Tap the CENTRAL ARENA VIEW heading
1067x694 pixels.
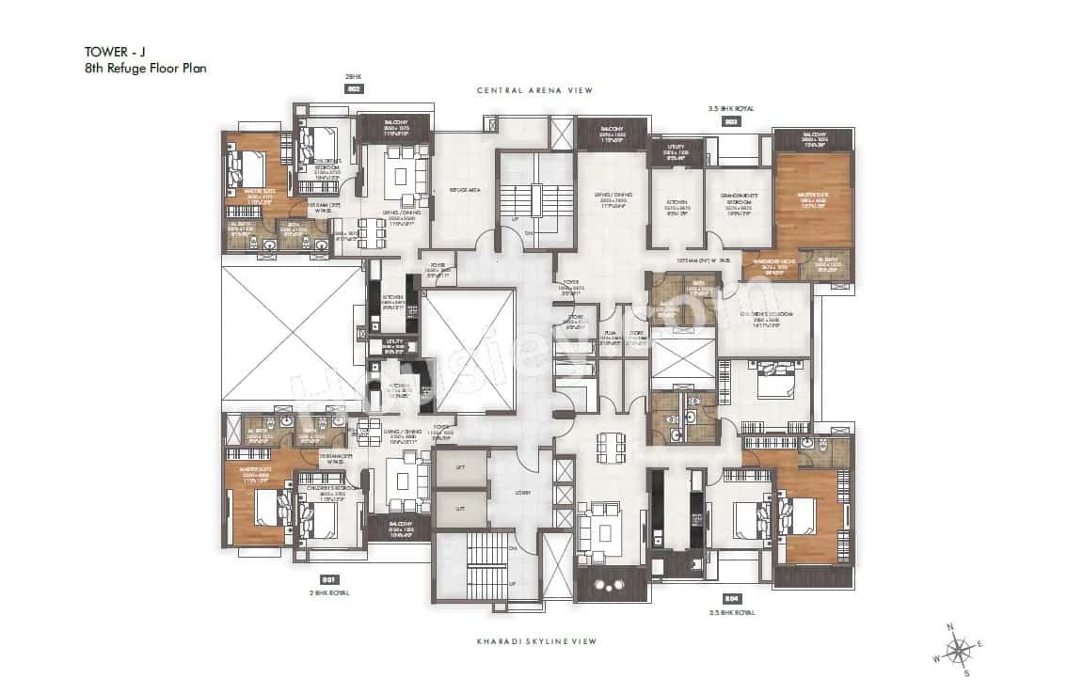click(x=533, y=91)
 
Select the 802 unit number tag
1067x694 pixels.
click(x=355, y=88)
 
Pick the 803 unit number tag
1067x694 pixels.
click(x=731, y=121)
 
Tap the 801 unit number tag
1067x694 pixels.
click(x=329, y=579)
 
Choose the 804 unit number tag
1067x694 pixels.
click(x=731, y=598)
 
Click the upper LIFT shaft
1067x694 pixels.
click(x=460, y=467)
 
